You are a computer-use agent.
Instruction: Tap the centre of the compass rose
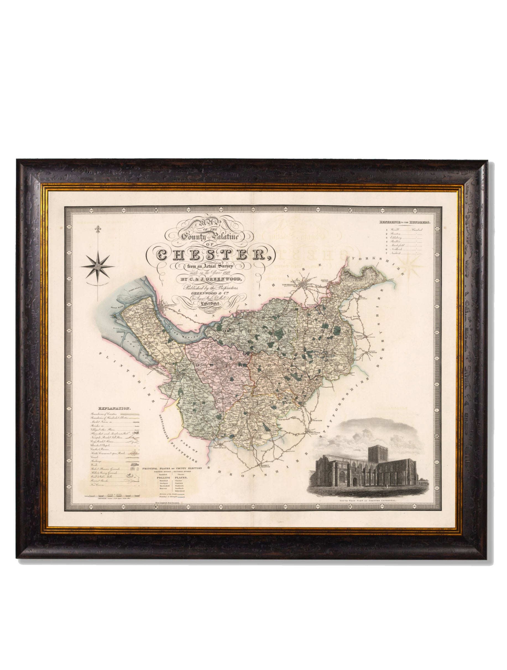[x=97, y=267]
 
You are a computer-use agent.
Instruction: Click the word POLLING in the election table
[x=162, y=477]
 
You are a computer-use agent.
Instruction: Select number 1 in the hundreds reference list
[x=387, y=230]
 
